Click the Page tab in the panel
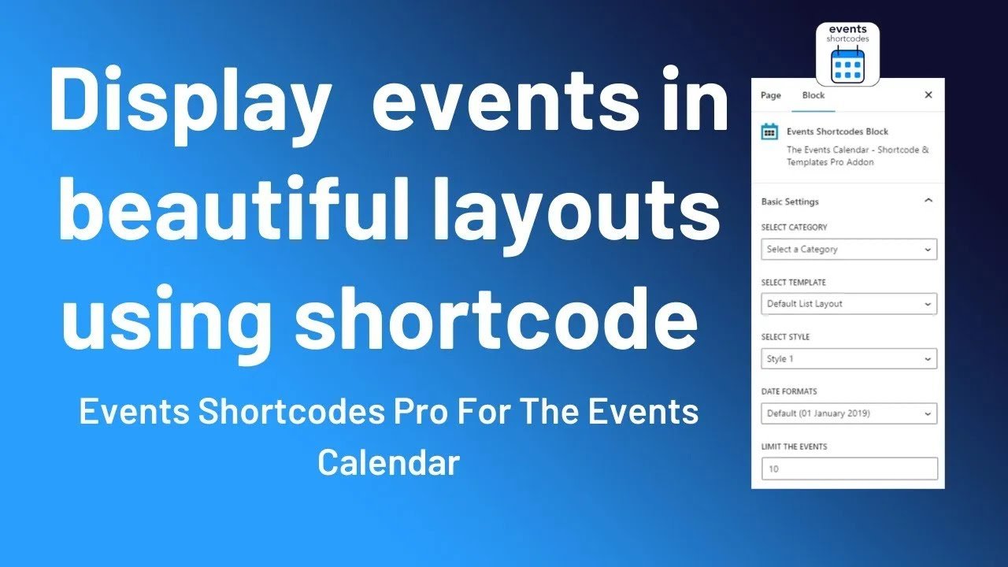(x=770, y=95)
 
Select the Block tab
(x=813, y=95)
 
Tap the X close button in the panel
(x=928, y=94)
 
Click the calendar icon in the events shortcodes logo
(x=847, y=65)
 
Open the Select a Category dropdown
(x=849, y=250)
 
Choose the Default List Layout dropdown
(x=849, y=304)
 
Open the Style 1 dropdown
(x=849, y=359)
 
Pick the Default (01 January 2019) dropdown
(x=849, y=413)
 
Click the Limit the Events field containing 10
(x=849, y=469)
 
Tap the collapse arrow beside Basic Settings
(x=928, y=201)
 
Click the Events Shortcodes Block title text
(x=837, y=132)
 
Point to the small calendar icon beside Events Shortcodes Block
(x=769, y=132)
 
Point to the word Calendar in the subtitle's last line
(x=388, y=462)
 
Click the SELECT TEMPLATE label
(x=794, y=282)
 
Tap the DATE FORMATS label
(x=789, y=391)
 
